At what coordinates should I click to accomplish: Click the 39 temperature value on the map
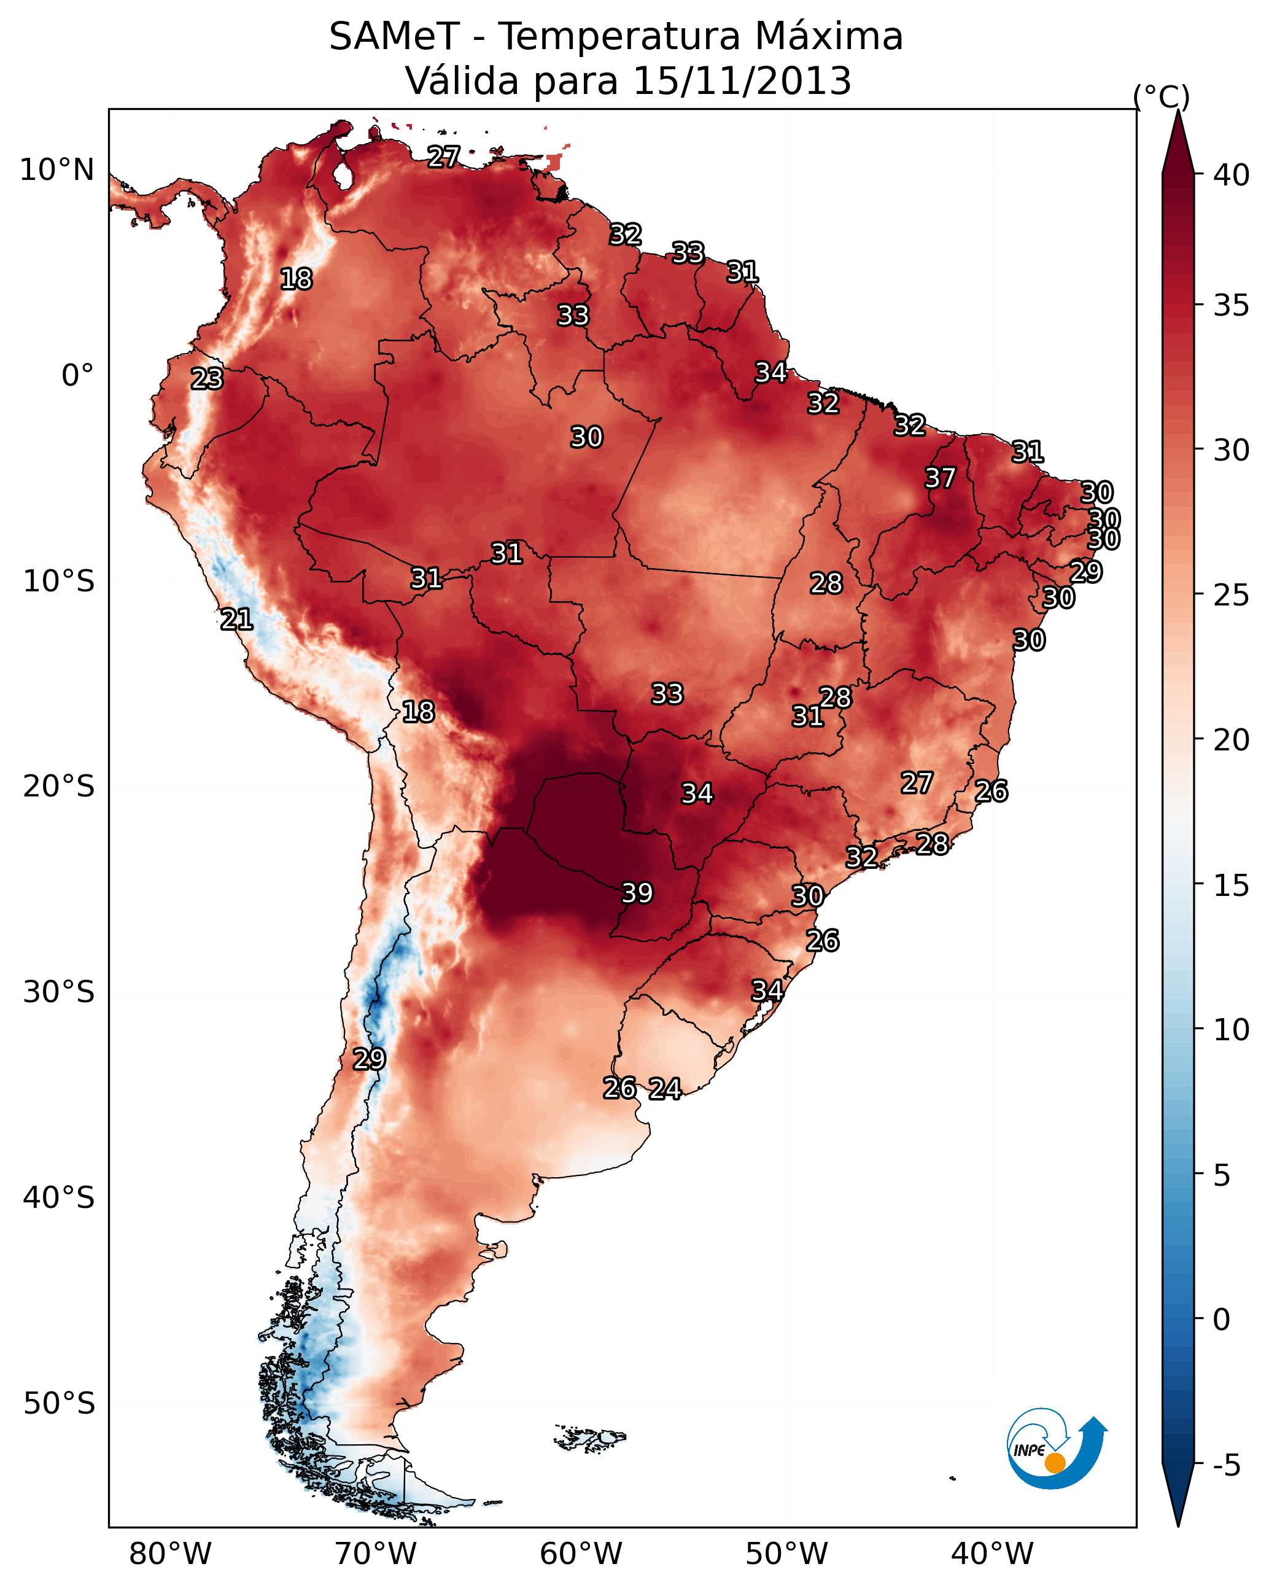pyautogui.click(x=637, y=893)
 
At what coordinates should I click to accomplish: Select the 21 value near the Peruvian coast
pyautogui.click(x=236, y=620)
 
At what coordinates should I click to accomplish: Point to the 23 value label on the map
pyautogui.click(x=207, y=379)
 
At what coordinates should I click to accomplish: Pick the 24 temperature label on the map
pyautogui.click(x=664, y=1089)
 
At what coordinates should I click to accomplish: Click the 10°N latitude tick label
pyautogui.click(x=56, y=170)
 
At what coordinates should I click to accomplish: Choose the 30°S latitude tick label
pyautogui.click(x=58, y=992)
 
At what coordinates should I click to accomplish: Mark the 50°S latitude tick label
pyautogui.click(x=58, y=1403)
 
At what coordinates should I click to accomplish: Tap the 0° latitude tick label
pyautogui.click(x=77, y=376)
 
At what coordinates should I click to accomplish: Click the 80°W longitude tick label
pyautogui.click(x=170, y=1554)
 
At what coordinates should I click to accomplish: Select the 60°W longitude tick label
pyautogui.click(x=581, y=1554)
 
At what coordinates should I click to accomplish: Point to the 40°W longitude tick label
pyautogui.click(x=992, y=1554)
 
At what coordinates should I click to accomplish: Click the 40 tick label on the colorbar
pyautogui.click(x=1232, y=175)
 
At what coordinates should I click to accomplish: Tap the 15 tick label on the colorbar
pyautogui.click(x=1232, y=885)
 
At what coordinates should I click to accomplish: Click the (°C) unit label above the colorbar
pyautogui.click(x=1162, y=96)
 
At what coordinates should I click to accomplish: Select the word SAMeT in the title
pyautogui.click(x=394, y=37)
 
